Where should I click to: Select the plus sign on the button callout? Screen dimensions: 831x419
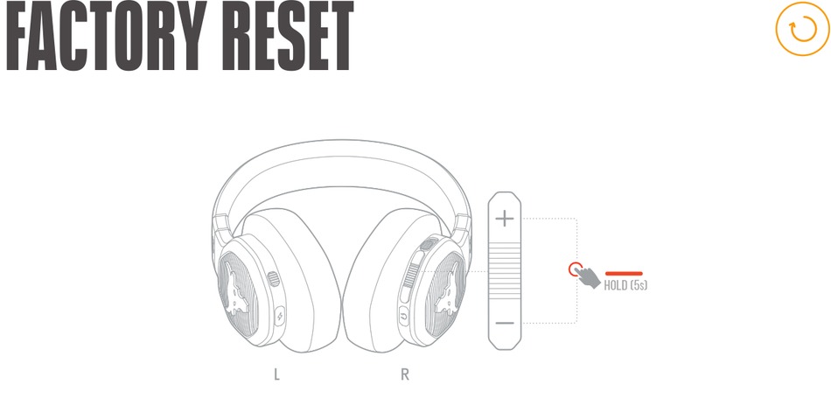coord(505,219)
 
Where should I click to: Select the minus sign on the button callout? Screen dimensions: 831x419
coord(505,324)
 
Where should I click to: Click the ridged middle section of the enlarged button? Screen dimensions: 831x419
coord(505,271)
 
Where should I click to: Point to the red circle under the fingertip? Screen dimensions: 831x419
coord(575,269)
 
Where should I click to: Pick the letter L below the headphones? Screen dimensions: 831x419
coord(277,375)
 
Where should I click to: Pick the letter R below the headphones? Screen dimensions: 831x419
coord(405,375)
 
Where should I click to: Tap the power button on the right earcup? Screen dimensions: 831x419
coord(403,314)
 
